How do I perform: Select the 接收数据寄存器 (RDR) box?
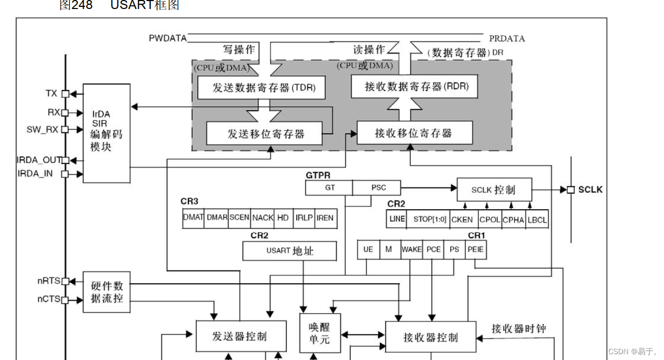pyautogui.click(x=414, y=86)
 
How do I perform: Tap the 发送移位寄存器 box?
pyautogui.click(x=263, y=133)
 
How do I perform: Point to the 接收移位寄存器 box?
pyautogui.click(x=414, y=133)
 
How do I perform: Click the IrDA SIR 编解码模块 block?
pyautogui.click(x=106, y=133)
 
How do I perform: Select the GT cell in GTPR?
pyautogui.click(x=329, y=187)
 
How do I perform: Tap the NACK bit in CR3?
pyautogui.click(x=262, y=218)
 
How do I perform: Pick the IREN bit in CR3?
pyautogui.click(x=325, y=218)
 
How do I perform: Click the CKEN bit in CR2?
pyautogui.click(x=462, y=219)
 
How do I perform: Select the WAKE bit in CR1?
pyautogui.click(x=411, y=249)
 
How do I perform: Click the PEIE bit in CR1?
pyautogui.click(x=476, y=249)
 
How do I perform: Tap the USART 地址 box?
pyautogui.click(x=289, y=251)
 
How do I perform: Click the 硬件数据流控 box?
pyautogui.click(x=106, y=292)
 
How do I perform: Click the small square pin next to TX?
pyautogui.click(x=65, y=94)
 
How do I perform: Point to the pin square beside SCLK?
pyautogui.click(x=570, y=190)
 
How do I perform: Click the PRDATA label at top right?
pyautogui.click(x=507, y=39)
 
